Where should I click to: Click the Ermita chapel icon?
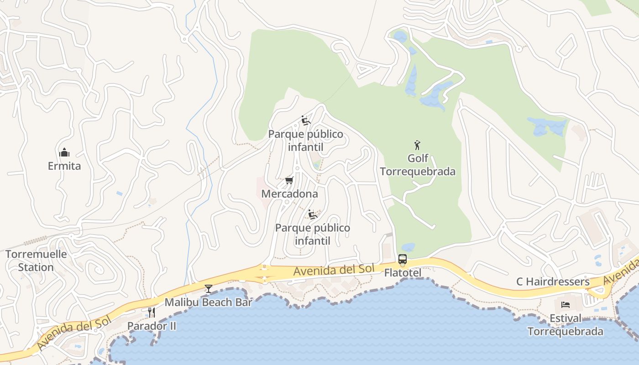point(64,152)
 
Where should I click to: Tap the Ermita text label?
point(64,166)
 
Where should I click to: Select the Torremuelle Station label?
point(36,261)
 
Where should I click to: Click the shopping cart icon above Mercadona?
point(289,181)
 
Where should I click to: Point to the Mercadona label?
point(289,194)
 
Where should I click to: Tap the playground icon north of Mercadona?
point(306,120)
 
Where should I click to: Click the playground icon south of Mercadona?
point(312,214)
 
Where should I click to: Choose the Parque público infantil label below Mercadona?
point(313,234)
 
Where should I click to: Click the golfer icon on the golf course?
point(417,146)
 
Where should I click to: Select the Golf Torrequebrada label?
point(418,165)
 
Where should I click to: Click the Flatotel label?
point(403,273)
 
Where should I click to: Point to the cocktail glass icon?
point(209,289)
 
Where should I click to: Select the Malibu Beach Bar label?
point(208,302)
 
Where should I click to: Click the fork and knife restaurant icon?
point(152,313)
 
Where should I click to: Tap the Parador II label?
point(152,326)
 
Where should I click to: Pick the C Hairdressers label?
point(553,282)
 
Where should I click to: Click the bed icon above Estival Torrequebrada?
point(566,305)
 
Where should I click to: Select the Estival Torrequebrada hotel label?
point(566,325)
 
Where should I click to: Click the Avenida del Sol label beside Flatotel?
point(334,270)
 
